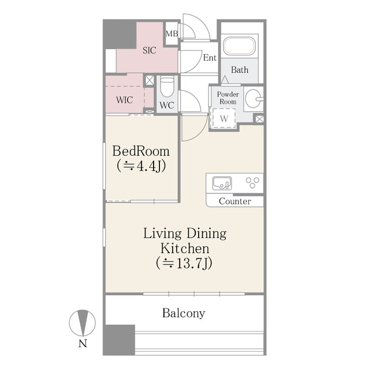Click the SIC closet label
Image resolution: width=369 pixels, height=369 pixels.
tap(150, 50)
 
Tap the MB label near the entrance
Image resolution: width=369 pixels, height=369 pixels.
tap(172, 33)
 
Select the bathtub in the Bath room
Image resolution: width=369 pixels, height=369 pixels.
tap(240, 46)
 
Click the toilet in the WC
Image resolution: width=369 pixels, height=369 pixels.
tap(167, 86)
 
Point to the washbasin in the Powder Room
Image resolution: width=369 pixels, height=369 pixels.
tap(254, 99)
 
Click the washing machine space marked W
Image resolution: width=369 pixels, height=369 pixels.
tap(224, 118)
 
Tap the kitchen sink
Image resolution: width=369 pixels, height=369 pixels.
tap(222, 183)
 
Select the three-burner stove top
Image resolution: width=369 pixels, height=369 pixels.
tap(252, 183)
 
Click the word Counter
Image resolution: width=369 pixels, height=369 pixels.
tap(234, 201)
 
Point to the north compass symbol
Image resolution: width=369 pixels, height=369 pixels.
tap(82, 323)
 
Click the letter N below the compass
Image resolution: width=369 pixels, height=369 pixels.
tap(83, 344)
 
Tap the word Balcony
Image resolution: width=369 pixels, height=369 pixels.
tap(184, 314)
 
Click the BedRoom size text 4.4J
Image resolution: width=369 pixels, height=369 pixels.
tap(141, 166)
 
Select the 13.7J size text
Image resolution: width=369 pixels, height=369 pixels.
tap(184, 263)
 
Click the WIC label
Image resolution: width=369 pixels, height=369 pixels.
tap(124, 100)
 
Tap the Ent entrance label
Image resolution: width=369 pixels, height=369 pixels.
tap(210, 58)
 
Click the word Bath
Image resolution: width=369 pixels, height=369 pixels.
tap(240, 70)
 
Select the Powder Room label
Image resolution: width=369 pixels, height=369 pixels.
tap(228, 98)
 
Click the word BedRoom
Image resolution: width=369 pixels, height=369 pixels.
tap(141, 151)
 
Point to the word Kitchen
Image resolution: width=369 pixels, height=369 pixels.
tap(185, 248)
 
